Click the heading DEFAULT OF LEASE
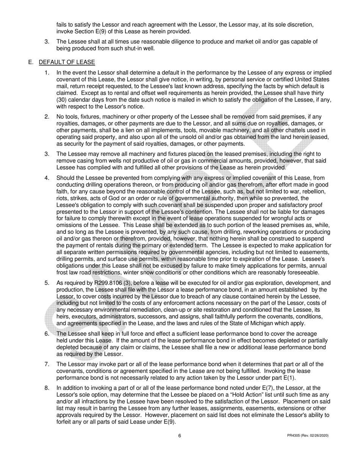click(67, 62)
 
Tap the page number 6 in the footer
click(180, 436)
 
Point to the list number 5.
click(47, 283)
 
